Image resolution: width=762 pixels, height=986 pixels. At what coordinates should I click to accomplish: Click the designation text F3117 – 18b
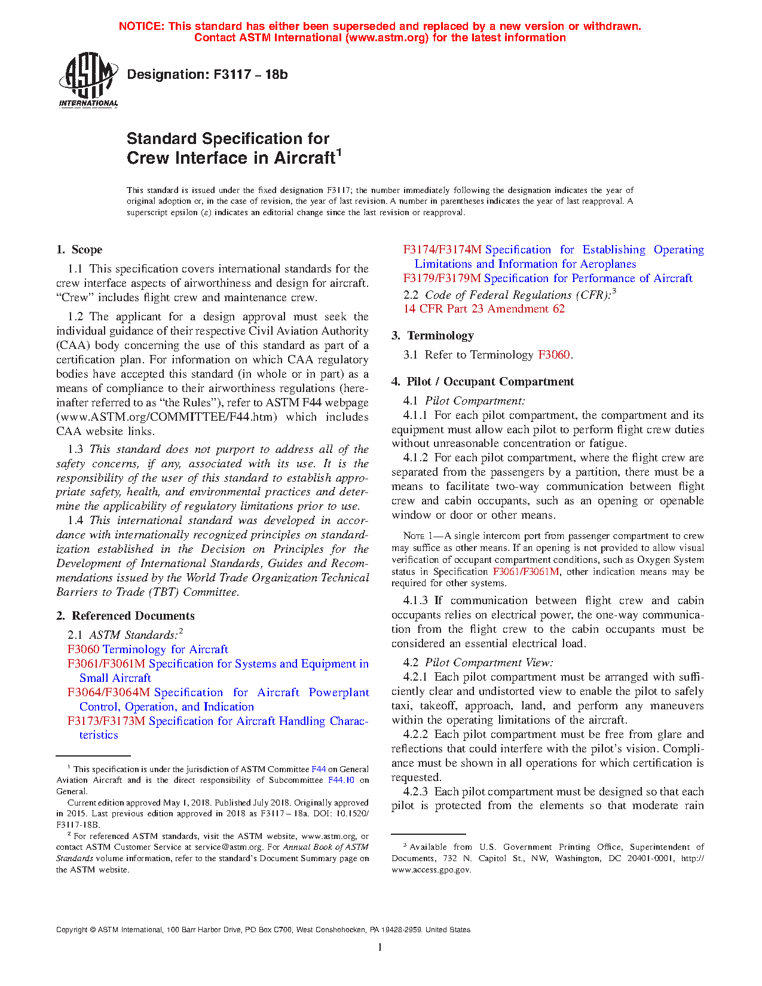coord(207,75)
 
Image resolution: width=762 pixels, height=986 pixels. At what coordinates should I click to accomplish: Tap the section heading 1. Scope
coord(79,250)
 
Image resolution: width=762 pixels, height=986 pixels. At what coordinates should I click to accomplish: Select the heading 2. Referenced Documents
coord(126,616)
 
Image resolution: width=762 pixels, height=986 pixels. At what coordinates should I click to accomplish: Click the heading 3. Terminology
coord(433,336)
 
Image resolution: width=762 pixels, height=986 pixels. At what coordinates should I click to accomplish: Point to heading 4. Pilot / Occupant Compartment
coord(483,382)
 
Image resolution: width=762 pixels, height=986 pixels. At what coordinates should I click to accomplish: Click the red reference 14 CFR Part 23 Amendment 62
coord(484,309)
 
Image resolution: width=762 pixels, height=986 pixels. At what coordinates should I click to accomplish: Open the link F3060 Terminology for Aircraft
coord(148,650)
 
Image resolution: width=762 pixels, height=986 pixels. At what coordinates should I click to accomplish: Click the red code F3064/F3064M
coord(109,693)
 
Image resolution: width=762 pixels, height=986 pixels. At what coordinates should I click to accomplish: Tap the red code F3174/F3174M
coord(442,250)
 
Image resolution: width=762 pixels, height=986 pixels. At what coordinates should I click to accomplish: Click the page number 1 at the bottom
coord(380,947)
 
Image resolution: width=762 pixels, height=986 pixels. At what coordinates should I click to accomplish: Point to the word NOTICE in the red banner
coord(141,26)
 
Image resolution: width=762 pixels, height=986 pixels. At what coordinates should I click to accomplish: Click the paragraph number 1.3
coord(75,449)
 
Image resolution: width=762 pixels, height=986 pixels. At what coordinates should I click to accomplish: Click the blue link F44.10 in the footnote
coord(341,780)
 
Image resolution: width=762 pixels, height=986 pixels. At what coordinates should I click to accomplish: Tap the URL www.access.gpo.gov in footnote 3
coord(431,870)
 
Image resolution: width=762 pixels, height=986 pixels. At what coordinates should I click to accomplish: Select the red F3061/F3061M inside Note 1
coord(526,572)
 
